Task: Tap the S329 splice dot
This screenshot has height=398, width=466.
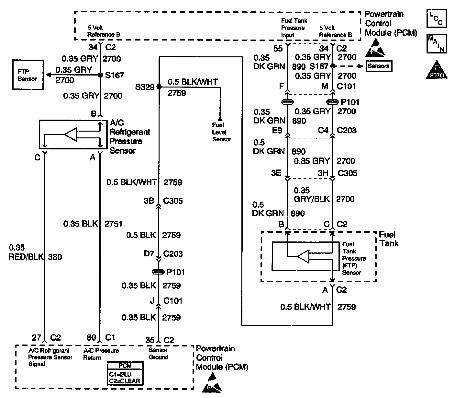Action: [159, 87]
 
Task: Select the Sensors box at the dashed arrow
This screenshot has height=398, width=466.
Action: [379, 66]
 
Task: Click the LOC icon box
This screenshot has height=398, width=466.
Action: [437, 18]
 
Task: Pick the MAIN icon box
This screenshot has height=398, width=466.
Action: [437, 44]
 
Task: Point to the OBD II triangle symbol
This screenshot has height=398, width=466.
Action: [437, 70]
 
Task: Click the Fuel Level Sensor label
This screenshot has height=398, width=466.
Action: [221, 132]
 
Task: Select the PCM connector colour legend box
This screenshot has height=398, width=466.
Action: [125, 373]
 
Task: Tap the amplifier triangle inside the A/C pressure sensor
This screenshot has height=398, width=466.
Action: [71, 134]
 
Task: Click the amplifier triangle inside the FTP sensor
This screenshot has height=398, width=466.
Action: [304, 256]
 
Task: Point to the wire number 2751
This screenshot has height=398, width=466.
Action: [113, 224]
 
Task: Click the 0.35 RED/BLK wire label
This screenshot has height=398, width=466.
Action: [26, 252]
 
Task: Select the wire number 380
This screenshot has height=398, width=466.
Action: [55, 257]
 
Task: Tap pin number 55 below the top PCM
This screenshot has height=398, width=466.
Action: [278, 49]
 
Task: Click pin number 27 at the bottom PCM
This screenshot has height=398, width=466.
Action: [37, 337]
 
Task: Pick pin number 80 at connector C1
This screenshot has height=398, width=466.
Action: [92, 337]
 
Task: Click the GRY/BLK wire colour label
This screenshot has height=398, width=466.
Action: [312, 199]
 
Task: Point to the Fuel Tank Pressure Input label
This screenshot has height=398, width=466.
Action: [294, 28]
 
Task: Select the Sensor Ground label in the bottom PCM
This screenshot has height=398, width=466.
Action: [158, 354]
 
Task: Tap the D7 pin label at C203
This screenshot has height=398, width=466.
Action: [149, 253]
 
